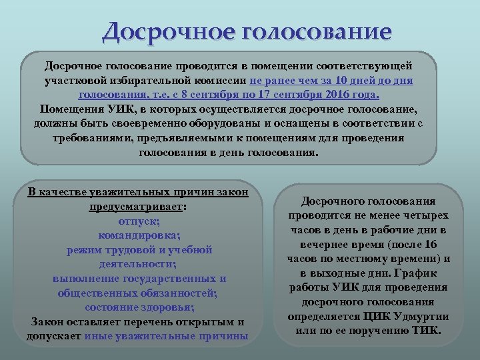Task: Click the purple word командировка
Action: pos(139,235)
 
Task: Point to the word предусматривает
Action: pos(137,207)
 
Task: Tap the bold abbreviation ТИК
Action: pos(426,330)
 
